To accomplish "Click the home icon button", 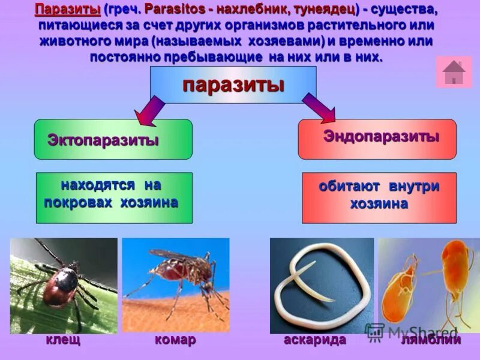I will tap(454, 72).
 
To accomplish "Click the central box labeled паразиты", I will tap(233, 85).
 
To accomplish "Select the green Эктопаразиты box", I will tap(113, 139).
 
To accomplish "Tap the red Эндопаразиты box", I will tap(377, 139).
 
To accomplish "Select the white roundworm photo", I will tap(322, 285).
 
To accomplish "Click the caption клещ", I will tap(63, 340).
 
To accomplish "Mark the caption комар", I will tap(175, 340).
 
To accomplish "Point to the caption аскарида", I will tap(315, 340).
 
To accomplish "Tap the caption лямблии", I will tap(431, 340).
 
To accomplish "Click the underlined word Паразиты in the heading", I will tap(67, 10).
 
